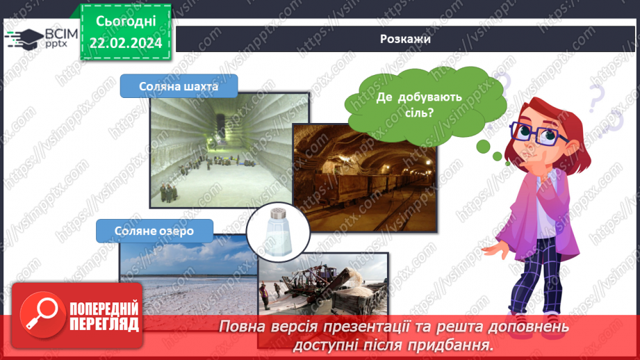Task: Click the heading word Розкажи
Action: pos(406,39)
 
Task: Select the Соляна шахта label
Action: pos(179,87)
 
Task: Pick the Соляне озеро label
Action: pos(146,229)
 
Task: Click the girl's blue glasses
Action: pos(534,131)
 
